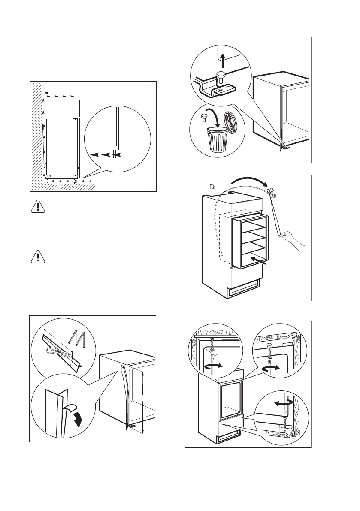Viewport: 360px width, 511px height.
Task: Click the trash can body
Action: [216, 142]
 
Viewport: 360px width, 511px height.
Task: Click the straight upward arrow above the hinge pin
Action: [223, 60]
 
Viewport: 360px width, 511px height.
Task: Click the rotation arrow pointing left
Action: [282, 403]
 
